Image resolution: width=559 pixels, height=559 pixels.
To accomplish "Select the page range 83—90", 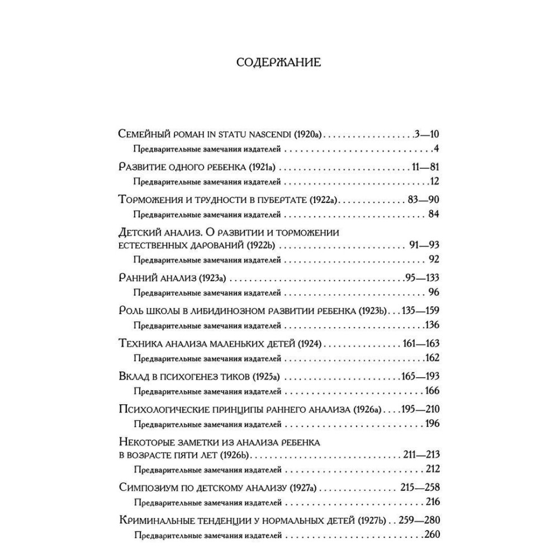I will (x=424, y=199).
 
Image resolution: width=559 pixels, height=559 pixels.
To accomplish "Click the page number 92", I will (x=433, y=258).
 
